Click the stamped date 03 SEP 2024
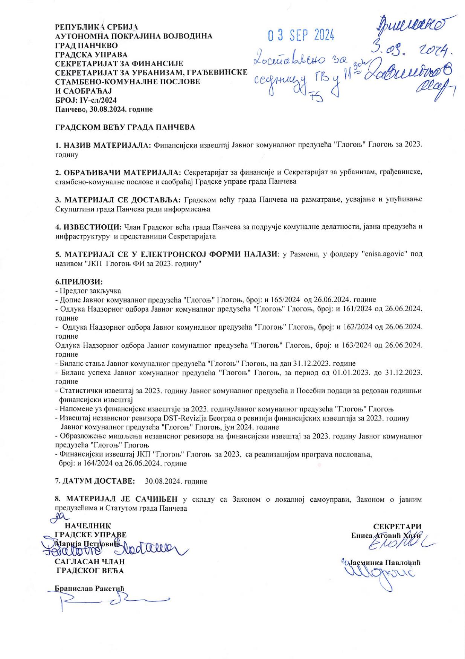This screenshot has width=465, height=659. tap(301, 36)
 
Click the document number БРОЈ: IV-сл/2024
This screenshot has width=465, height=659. tap(86, 100)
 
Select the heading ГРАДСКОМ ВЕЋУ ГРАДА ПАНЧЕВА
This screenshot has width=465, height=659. tap(125, 127)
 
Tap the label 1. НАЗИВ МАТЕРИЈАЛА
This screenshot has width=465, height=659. tap(103, 145)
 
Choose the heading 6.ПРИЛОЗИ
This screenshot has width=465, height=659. tap(79, 282)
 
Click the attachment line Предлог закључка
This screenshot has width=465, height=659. tap(88, 291)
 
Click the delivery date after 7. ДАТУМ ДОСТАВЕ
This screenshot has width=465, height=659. tap(176, 481)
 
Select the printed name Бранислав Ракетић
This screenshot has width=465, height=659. tap(90, 588)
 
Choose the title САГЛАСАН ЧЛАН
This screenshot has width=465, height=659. tap(90, 562)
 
